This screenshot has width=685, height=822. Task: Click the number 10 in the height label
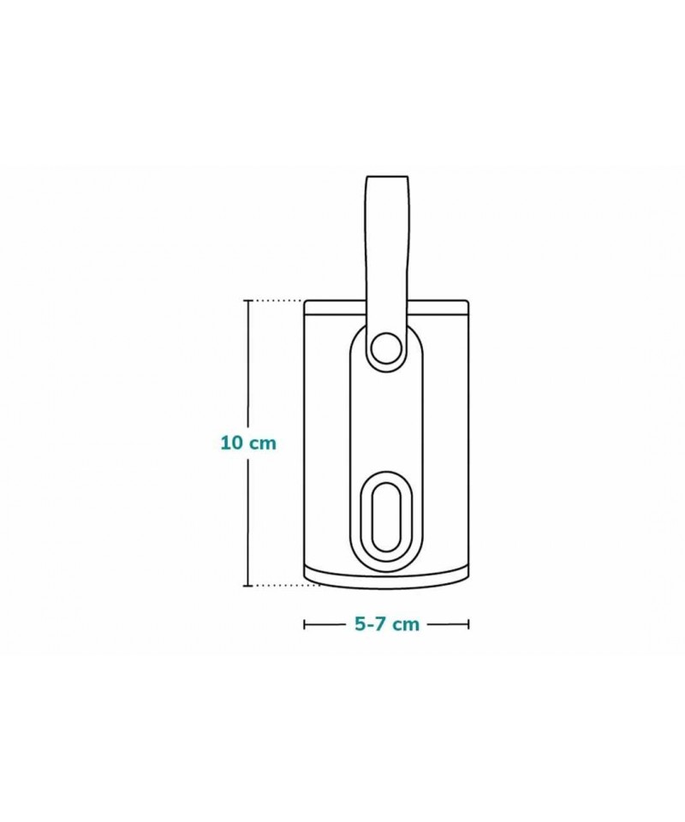tap(232, 443)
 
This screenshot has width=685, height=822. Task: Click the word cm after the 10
tap(262, 444)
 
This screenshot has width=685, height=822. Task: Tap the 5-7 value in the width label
tap(372, 624)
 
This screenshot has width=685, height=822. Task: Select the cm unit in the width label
tap(407, 625)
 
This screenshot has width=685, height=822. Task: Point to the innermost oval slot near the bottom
tap(386, 517)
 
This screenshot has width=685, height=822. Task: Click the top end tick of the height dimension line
tap(248, 301)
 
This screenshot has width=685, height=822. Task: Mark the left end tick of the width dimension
tap(305, 624)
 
